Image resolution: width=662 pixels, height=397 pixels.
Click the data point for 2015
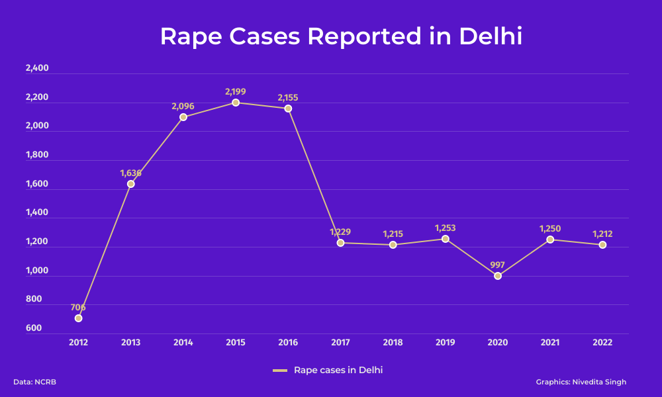pyautogui.click(x=236, y=103)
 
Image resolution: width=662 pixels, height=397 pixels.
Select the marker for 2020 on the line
pyautogui.click(x=498, y=276)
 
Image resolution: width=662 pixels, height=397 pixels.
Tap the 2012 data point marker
pyautogui.click(x=78, y=318)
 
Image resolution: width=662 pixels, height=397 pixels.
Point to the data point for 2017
pyautogui.click(x=340, y=243)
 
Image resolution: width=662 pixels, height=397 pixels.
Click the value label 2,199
pyautogui.click(x=235, y=91)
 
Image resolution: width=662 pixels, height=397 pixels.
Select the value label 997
pyautogui.click(x=498, y=265)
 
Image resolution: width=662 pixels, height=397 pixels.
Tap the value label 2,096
pyautogui.click(x=183, y=106)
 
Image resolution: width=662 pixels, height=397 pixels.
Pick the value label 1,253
pyautogui.click(x=446, y=228)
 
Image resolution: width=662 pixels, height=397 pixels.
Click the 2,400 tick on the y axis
pyautogui.click(x=37, y=68)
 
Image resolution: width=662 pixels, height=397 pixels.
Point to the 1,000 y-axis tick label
pyautogui.click(x=37, y=270)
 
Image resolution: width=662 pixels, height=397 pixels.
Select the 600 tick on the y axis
pyautogui.click(x=34, y=328)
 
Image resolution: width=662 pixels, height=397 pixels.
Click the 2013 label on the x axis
pyautogui.click(x=131, y=343)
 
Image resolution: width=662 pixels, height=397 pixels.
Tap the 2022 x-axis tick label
pyautogui.click(x=602, y=343)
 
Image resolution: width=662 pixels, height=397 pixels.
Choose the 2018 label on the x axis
pyautogui.click(x=393, y=343)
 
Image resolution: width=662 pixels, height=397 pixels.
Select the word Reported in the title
pyautogui.click(x=365, y=36)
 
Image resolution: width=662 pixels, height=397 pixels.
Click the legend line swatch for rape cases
pyautogui.click(x=280, y=371)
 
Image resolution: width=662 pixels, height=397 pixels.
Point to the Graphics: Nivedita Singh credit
pyautogui.click(x=581, y=382)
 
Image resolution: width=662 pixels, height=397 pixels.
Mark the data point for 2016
pyautogui.click(x=288, y=109)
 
